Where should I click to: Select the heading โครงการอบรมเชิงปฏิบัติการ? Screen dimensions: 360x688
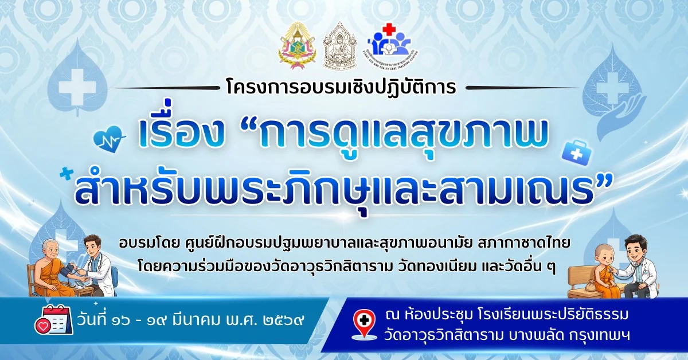341,88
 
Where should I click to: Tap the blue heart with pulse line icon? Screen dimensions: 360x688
108,138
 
